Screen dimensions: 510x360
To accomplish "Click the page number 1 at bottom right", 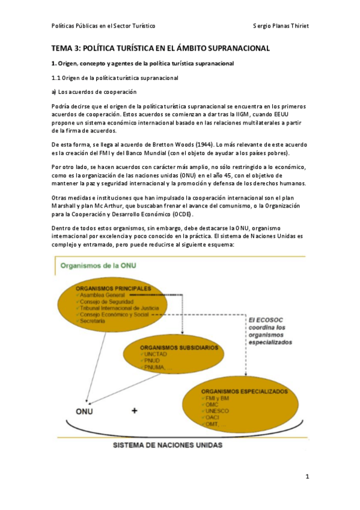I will coord(307,477).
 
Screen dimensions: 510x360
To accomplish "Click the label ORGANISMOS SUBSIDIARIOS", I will coord(177,348).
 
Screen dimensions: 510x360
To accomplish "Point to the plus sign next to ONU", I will coord(134,411).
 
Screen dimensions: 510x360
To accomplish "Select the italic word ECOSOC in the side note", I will coord(267,320).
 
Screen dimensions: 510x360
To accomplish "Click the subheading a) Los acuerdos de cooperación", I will coord(93,91).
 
